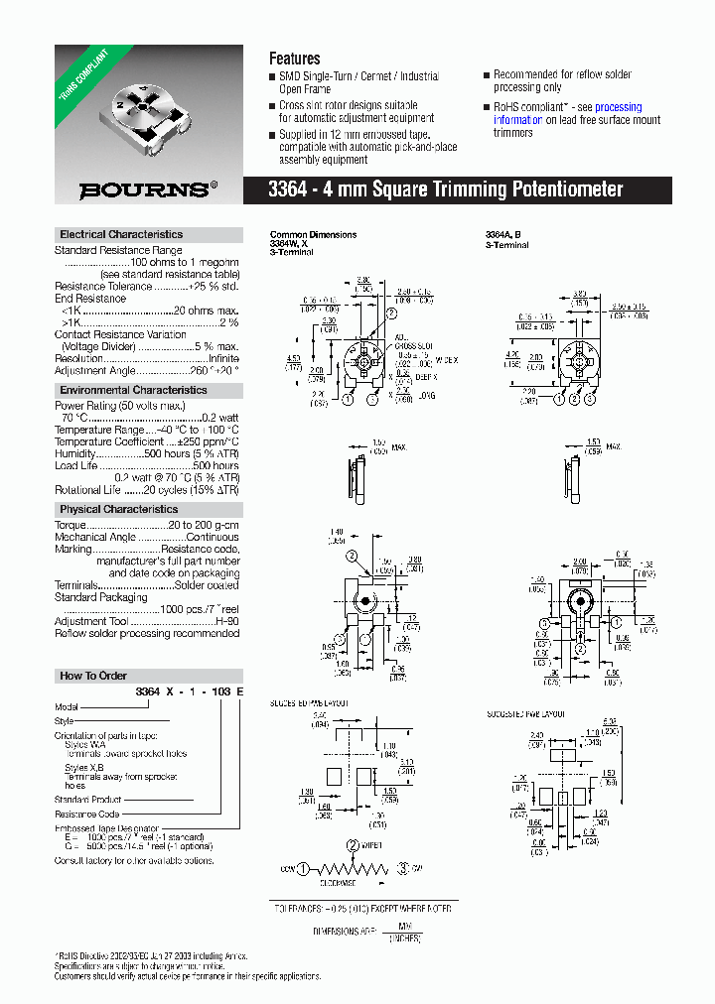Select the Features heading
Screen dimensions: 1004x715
[294, 59]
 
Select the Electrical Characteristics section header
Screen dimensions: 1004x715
[121, 235]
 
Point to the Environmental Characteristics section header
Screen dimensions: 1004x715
[133, 391]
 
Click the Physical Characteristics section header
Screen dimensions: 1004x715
[118, 509]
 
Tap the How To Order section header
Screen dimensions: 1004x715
[93, 676]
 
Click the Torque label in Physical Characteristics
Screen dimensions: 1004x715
[73, 524]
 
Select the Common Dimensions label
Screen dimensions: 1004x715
[313, 235]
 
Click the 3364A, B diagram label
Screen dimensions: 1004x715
[502, 235]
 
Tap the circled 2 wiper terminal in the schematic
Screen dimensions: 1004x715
[353, 845]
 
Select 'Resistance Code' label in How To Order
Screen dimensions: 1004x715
[87, 814]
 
